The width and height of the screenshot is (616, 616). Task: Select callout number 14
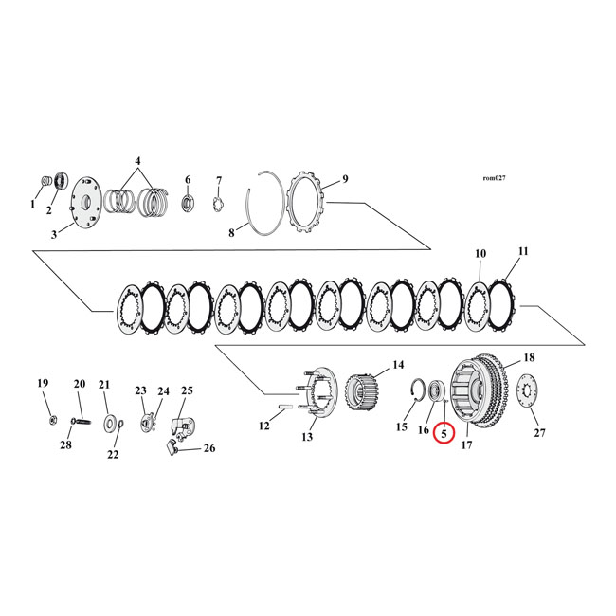(x=398, y=363)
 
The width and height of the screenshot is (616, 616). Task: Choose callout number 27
(x=540, y=433)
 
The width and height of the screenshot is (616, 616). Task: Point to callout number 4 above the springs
(x=137, y=161)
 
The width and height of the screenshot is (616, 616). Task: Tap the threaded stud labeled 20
(x=78, y=415)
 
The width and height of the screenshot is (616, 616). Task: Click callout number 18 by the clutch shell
(x=529, y=357)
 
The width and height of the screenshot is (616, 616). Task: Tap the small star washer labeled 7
(x=216, y=204)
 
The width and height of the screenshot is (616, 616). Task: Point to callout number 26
(x=209, y=449)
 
